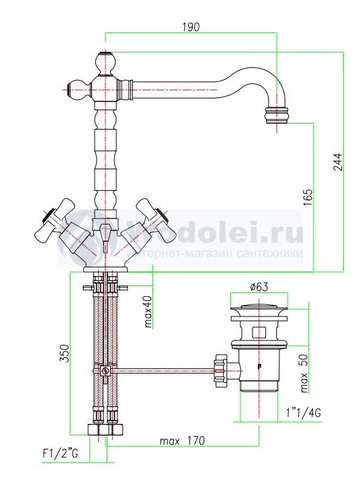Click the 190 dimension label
click(x=191, y=27)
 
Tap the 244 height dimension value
click(x=338, y=162)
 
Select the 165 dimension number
click(x=308, y=198)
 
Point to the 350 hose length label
click(x=64, y=353)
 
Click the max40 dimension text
click(x=148, y=312)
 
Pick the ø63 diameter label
click(x=259, y=287)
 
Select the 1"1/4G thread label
click(x=304, y=413)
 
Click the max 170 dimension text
click(x=183, y=440)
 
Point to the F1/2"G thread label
click(x=60, y=454)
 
